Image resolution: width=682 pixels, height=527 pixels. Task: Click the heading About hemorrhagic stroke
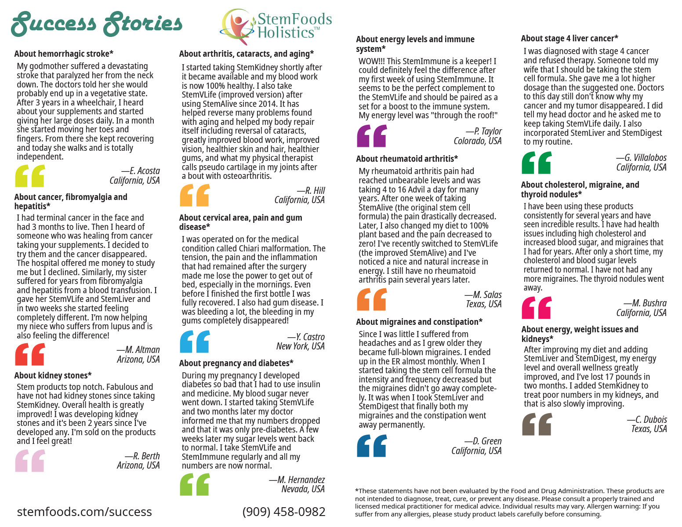click(64, 54)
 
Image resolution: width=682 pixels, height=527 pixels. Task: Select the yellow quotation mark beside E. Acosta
click(30, 176)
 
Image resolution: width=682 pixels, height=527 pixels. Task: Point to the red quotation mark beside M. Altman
click(30, 354)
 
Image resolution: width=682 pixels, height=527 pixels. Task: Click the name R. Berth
click(146, 456)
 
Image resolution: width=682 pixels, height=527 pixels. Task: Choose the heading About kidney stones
click(53, 375)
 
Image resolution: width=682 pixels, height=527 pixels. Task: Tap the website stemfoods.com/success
click(84, 512)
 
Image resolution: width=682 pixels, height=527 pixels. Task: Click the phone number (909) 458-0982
click(284, 512)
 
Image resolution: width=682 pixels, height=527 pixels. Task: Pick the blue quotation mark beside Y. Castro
click(195, 342)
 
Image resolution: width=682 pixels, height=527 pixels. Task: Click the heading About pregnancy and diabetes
click(236, 363)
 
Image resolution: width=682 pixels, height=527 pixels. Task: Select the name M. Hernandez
click(301, 480)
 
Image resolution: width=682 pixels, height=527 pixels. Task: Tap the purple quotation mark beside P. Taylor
click(372, 135)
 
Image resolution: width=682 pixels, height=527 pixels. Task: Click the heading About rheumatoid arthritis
click(407, 159)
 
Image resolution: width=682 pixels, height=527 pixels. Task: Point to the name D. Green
click(487, 441)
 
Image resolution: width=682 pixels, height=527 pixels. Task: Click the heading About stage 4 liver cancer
click(570, 38)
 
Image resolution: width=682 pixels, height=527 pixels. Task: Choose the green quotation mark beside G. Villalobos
click(537, 163)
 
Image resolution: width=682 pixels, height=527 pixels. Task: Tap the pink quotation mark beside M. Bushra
click(536, 308)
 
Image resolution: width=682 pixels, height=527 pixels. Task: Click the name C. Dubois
click(651, 419)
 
